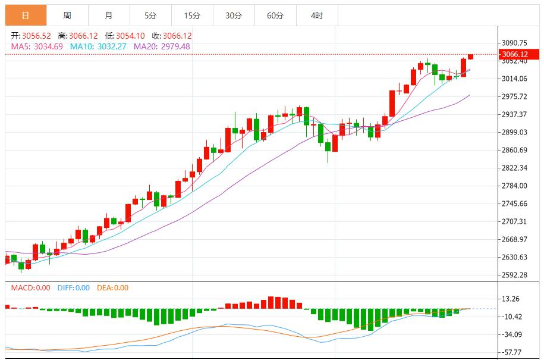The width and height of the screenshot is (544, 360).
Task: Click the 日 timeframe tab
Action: tap(26, 15)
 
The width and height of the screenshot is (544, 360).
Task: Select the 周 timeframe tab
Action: tap(67, 15)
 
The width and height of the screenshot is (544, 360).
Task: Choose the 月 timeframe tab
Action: tap(108, 15)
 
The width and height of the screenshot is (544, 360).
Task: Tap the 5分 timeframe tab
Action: tap(150, 15)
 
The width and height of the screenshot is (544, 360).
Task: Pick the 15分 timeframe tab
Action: tap(192, 15)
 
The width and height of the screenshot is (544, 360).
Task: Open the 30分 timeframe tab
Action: tap(234, 15)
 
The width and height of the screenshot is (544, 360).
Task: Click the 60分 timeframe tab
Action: tap(275, 15)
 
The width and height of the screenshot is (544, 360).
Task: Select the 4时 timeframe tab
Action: tap(317, 15)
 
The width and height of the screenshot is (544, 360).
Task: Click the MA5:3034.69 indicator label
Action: tap(37, 46)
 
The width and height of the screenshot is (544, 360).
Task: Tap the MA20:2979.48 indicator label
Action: tap(162, 46)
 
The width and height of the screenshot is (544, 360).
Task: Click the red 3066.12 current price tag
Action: tap(515, 54)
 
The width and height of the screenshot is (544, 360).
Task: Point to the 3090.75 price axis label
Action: tap(515, 43)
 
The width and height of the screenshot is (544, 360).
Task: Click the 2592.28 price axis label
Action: tap(515, 275)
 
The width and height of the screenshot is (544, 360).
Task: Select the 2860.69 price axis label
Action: tap(515, 150)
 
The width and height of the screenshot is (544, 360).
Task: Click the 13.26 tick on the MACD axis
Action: tap(511, 299)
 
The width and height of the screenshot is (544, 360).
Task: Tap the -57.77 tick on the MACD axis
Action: tap(511, 352)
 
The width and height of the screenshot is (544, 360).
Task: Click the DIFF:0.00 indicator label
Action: tap(74, 288)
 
